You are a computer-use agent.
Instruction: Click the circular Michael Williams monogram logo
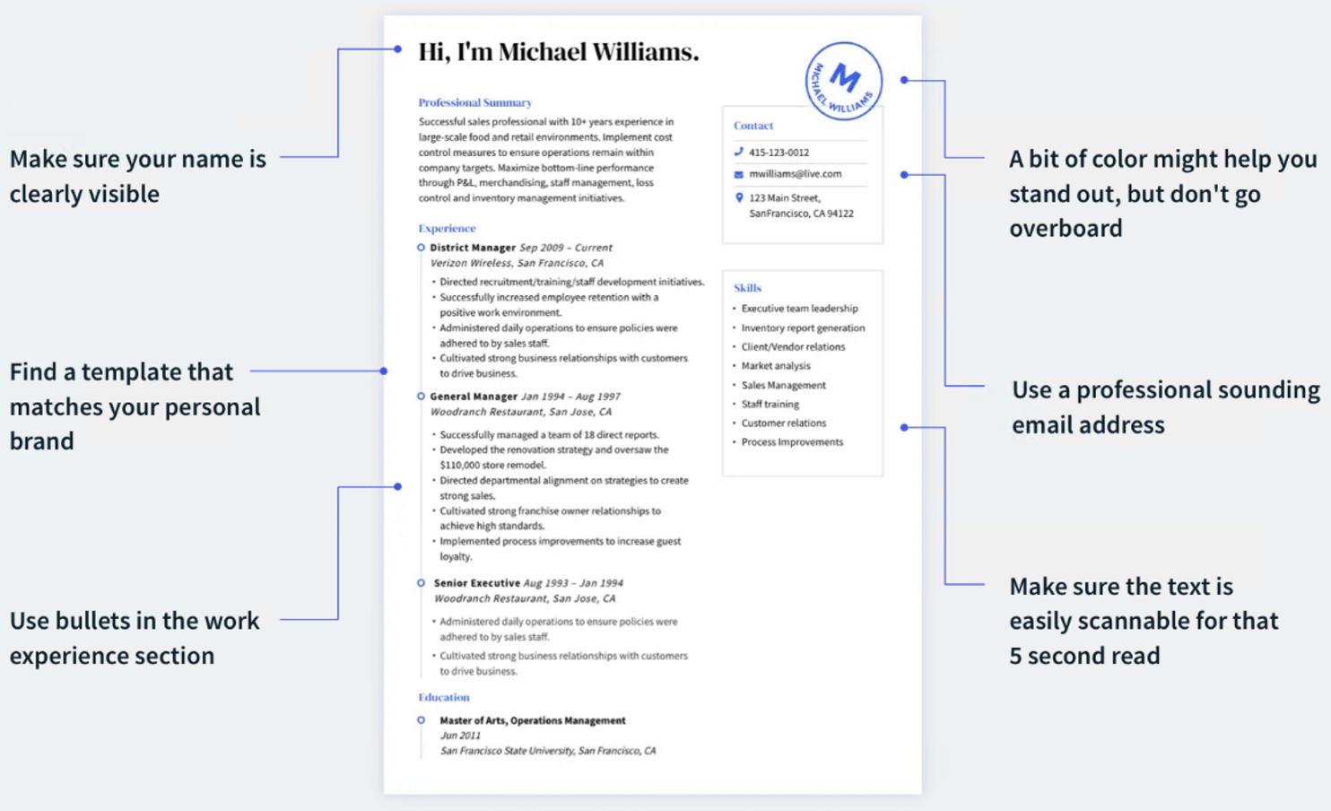(844, 82)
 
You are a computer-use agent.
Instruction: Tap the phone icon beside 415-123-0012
(738, 152)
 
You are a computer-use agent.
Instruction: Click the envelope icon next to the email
(738, 174)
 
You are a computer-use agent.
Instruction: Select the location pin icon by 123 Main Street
(739, 197)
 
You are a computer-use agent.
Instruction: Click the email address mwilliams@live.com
(795, 174)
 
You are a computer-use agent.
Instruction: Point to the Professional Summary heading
(474, 103)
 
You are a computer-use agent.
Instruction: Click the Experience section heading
(447, 228)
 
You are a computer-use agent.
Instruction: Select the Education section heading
(444, 697)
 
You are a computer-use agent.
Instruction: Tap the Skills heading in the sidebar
(747, 288)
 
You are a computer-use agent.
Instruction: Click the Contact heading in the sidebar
(753, 126)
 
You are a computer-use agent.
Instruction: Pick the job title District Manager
(473, 248)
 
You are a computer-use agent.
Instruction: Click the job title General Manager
(474, 397)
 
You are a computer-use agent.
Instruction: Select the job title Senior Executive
(476, 583)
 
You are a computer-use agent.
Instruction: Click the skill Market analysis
(776, 366)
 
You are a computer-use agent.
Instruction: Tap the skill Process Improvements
(792, 442)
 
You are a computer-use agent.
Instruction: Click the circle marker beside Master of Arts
(421, 720)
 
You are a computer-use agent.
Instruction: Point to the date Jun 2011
(460, 736)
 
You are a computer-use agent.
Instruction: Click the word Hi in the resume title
(432, 52)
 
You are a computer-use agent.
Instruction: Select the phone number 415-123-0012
(779, 153)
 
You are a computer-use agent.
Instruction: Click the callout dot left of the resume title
(397, 49)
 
